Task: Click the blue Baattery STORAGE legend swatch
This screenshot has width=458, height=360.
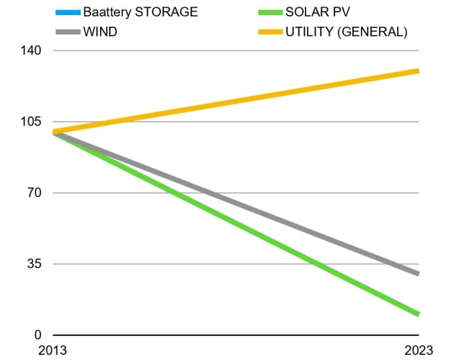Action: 67,12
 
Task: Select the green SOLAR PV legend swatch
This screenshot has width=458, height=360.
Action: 270,12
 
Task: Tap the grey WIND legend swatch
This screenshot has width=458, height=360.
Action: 67,31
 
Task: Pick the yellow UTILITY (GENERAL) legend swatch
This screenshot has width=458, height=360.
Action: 270,31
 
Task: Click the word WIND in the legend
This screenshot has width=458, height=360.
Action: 100,31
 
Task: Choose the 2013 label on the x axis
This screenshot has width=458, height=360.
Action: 53,351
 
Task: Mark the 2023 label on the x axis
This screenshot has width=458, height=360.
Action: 419,351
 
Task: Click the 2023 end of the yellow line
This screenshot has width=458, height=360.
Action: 417,71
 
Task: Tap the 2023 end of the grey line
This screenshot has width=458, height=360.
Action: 417,274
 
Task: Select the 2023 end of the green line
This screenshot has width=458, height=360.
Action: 417,314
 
